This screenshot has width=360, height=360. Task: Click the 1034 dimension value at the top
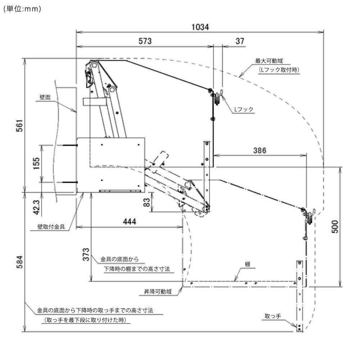201,27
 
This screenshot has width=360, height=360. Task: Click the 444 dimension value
129,222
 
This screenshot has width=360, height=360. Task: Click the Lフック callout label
244,109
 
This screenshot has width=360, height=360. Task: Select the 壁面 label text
45,97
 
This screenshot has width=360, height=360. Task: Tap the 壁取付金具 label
51,227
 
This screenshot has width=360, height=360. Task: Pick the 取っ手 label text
273,316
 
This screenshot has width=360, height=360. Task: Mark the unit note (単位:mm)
22,10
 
